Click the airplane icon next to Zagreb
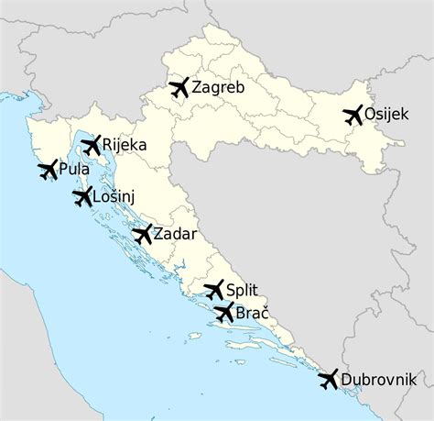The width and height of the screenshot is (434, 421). (179, 88)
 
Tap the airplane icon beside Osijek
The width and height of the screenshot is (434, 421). (353, 116)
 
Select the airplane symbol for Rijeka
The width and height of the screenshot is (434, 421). (92, 145)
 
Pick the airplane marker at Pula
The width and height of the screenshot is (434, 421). (47, 171)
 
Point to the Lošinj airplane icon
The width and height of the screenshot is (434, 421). (82, 196)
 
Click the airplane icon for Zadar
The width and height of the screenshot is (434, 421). (142, 234)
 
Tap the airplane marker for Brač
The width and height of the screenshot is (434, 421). (224, 313)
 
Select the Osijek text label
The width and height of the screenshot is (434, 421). (390, 115)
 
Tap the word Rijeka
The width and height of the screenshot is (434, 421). (125, 145)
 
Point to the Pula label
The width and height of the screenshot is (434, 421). (74, 170)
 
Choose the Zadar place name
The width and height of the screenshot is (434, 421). (175, 234)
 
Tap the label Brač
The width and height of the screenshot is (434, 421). (253, 313)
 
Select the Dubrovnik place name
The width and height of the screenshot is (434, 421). (378, 378)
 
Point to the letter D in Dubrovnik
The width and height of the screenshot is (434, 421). (346, 378)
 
